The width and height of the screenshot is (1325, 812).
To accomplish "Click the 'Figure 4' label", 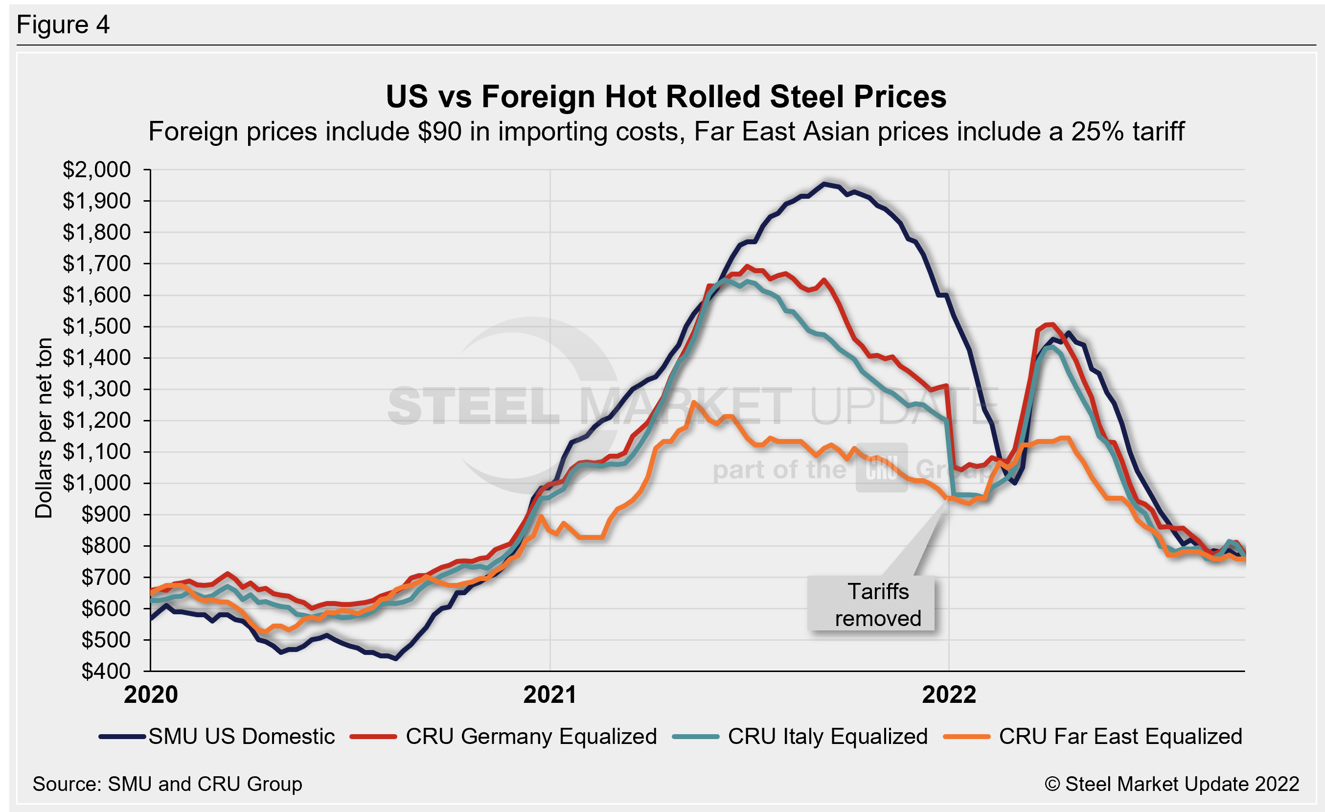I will click(x=63, y=25).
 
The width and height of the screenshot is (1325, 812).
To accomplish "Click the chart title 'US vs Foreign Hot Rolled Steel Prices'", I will click(x=666, y=97).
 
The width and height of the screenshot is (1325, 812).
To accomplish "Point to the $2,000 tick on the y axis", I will click(x=97, y=170).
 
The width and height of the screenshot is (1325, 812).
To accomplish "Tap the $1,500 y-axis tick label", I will click(x=97, y=326).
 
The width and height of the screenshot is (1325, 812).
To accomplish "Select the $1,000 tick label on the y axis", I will click(x=97, y=483).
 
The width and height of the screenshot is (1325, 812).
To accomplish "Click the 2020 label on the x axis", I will click(x=151, y=695).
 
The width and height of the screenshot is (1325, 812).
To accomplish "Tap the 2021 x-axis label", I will click(x=549, y=695).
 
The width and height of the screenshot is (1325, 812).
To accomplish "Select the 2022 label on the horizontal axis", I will click(x=949, y=695).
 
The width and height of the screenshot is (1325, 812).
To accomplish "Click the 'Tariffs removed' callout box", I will click(x=871, y=604).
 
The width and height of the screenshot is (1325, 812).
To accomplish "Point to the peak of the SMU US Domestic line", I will click(x=823, y=184).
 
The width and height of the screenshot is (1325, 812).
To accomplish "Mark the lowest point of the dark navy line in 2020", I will click(x=396, y=658).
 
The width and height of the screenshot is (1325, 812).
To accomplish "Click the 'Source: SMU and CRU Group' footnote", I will click(x=167, y=784).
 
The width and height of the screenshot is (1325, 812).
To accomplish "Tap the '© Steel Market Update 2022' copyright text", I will click(x=1172, y=784).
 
